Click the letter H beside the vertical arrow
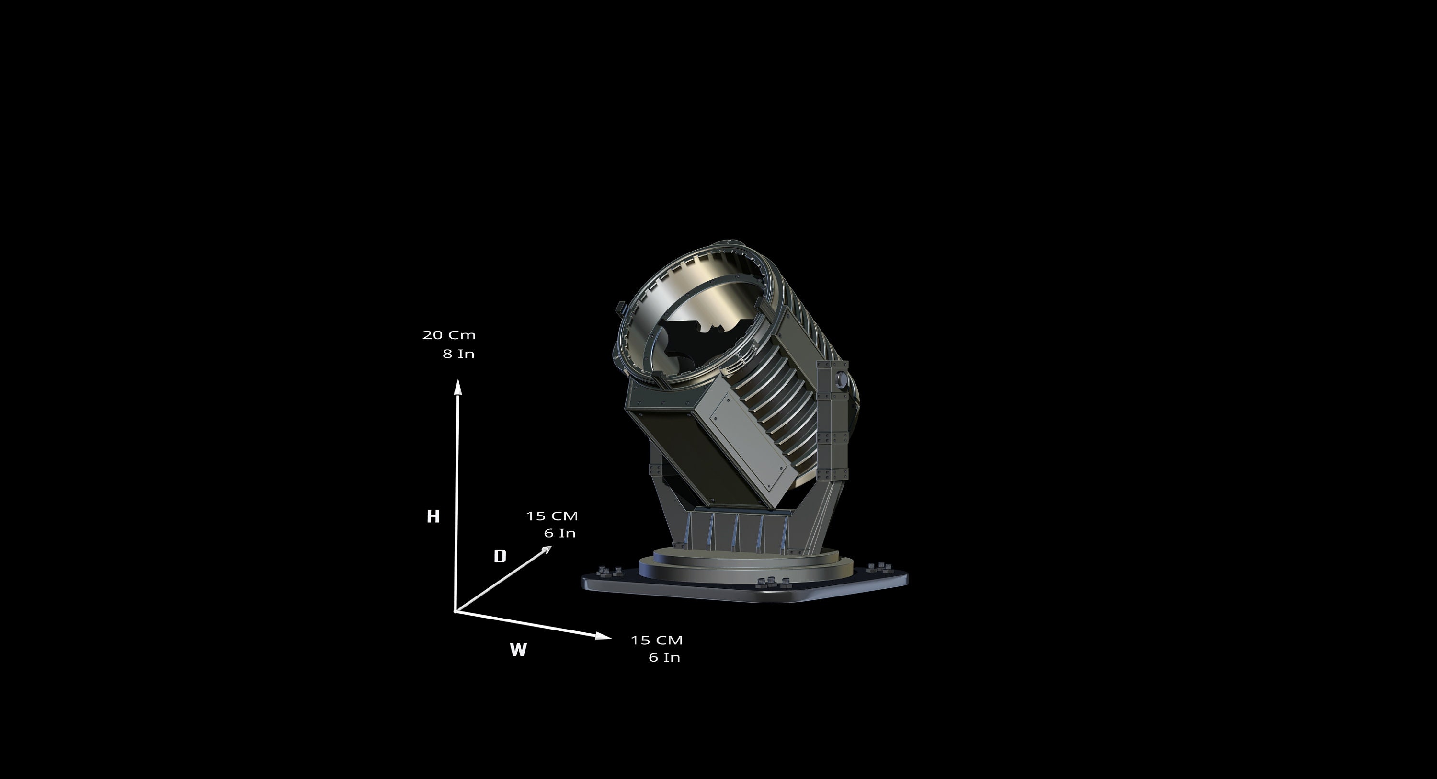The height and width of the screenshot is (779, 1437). (433, 516)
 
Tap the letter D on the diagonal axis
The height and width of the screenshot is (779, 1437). (500, 556)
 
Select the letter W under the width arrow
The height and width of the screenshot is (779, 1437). (518, 650)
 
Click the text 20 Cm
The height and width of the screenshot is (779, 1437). (449, 335)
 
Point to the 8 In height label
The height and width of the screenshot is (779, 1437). (458, 354)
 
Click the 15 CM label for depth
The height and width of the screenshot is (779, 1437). (552, 516)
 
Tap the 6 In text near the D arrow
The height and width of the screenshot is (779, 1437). (559, 533)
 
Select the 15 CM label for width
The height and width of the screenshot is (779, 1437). (657, 640)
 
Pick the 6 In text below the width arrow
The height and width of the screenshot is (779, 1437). (664, 657)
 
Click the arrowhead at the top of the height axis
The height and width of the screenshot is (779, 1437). (458, 386)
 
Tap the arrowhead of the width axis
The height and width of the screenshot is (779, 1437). (603, 636)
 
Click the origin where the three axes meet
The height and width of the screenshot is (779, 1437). (456, 612)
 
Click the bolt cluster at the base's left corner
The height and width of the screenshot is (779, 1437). (610, 572)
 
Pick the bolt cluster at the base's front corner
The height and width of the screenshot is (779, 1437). (772, 583)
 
